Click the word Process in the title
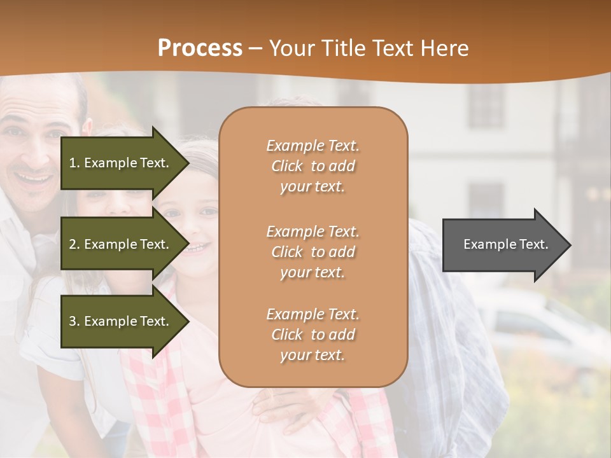coord(200,48)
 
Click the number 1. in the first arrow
coord(74,163)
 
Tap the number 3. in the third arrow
coord(74,321)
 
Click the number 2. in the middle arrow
coord(74,244)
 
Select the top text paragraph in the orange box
coord(313,166)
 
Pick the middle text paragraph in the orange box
coord(313,252)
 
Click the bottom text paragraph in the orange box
coord(313,335)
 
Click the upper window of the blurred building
coord(486,105)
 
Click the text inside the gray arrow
coord(505,244)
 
